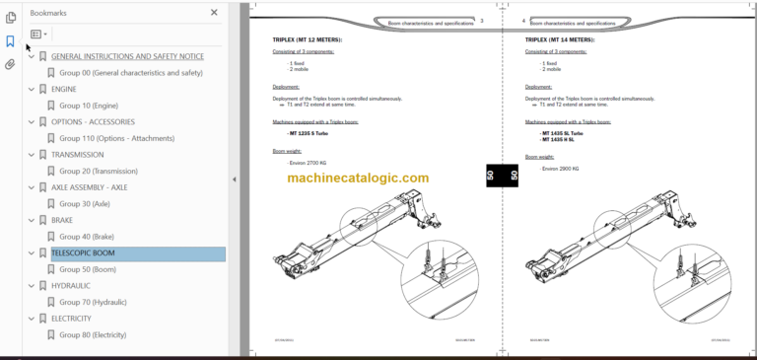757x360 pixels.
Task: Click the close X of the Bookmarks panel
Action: [214, 13]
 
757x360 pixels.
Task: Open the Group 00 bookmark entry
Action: [130, 73]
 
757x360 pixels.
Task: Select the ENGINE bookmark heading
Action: [64, 89]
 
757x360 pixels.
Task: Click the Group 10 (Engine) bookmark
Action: [89, 106]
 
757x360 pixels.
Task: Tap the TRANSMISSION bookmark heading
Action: [77, 155]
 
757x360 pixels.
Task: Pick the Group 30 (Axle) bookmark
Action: [85, 204]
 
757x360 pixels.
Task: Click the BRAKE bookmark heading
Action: [63, 220]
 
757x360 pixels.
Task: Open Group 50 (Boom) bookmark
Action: [88, 269]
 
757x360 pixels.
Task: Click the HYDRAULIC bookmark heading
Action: [71, 286]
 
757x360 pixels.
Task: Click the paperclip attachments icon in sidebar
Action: [10, 64]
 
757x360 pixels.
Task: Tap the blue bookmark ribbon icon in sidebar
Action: [10, 41]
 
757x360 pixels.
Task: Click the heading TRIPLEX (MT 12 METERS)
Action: [308, 40]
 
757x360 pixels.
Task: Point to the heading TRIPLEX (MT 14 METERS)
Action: [560, 40]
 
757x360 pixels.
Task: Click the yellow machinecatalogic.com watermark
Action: [358, 179]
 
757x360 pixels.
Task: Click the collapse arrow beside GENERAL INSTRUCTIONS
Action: [31, 56]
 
